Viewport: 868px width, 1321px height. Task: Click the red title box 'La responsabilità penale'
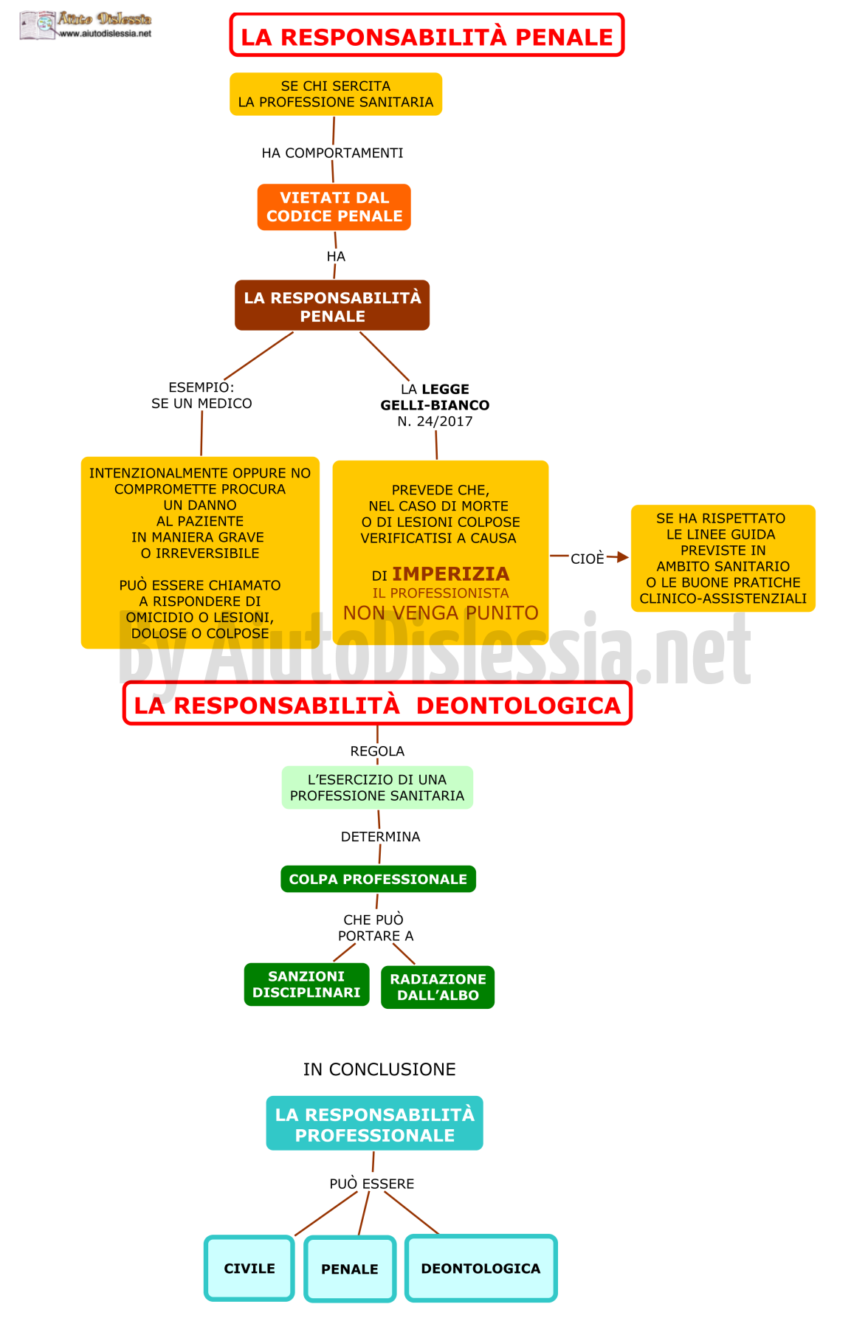pos(427,35)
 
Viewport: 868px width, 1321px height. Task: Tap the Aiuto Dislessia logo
pos(86,24)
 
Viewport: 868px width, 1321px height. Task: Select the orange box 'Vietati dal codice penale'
pos(334,207)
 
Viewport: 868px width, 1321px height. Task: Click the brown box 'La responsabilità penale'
pos(332,306)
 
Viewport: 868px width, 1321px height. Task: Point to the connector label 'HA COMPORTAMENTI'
pos(332,153)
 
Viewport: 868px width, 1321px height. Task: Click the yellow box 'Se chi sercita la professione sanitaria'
pos(336,94)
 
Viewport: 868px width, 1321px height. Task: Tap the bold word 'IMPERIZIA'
pos(450,573)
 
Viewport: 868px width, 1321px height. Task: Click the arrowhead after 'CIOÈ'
pos(622,557)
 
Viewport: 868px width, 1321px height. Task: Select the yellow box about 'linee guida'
pos(723,558)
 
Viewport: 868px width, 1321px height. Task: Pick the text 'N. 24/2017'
pos(435,421)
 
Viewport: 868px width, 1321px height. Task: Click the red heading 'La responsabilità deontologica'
pos(377,704)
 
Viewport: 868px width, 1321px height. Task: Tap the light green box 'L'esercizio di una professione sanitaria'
pos(377,787)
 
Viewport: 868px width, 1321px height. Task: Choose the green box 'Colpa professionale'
pos(378,879)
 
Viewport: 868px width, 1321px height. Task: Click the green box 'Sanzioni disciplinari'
pos(306,984)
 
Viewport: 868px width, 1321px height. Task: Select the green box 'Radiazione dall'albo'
pos(438,987)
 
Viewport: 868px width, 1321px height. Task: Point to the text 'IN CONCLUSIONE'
pos(379,1069)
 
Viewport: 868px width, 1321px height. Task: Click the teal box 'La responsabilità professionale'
pos(374,1123)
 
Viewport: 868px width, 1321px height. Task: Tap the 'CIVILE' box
pos(249,1268)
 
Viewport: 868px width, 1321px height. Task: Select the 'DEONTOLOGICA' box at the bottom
pos(480,1268)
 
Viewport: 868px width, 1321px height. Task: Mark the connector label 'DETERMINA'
pos(380,837)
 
